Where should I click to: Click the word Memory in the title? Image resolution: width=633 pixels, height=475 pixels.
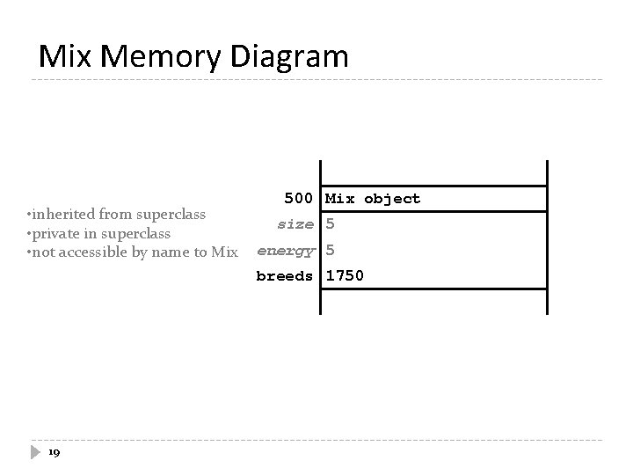coord(163,57)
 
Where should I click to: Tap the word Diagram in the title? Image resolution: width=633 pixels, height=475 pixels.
coord(290,57)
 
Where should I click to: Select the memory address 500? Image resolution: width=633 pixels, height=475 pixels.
coord(299,199)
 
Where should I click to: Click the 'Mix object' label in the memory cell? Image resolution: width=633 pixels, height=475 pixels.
coord(373,199)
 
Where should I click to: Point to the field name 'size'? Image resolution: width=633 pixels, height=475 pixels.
coord(295,224)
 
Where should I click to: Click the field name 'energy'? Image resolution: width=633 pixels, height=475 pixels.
coord(285,250)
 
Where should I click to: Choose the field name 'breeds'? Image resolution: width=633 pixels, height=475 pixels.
coord(285,275)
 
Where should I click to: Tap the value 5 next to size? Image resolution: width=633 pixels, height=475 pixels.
coord(331,224)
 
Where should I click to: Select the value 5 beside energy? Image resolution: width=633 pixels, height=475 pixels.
coord(331,250)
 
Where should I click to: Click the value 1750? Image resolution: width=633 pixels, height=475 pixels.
coord(345,275)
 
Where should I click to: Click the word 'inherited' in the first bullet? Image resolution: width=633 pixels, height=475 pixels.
coord(62,215)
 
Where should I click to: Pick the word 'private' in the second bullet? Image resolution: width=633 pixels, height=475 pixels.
coord(55,234)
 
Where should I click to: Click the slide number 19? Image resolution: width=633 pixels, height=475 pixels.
coord(54,452)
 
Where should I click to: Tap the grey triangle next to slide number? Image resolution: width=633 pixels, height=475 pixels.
coord(35,452)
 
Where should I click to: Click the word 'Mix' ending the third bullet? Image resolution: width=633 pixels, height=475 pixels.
coord(224,253)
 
